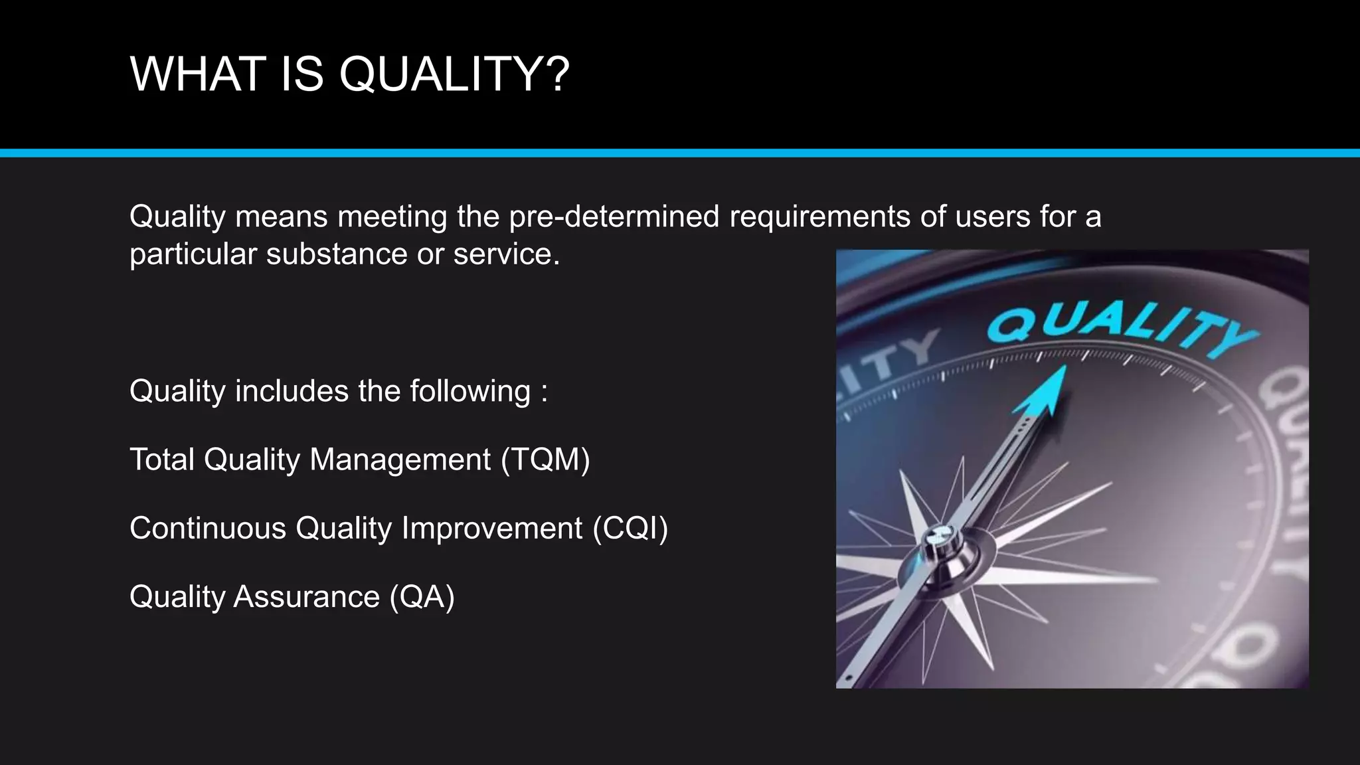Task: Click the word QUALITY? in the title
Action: [454, 74]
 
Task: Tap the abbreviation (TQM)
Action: [545, 460]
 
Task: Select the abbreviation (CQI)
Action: [630, 529]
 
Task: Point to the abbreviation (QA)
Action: [422, 596]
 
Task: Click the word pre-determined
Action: [614, 216]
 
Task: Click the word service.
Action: [506, 254]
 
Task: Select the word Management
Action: [400, 460]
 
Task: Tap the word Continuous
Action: [208, 529]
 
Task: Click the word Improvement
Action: [491, 529]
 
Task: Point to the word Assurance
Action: [306, 596]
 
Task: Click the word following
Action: [470, 391]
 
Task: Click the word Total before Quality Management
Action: [162, 460]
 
